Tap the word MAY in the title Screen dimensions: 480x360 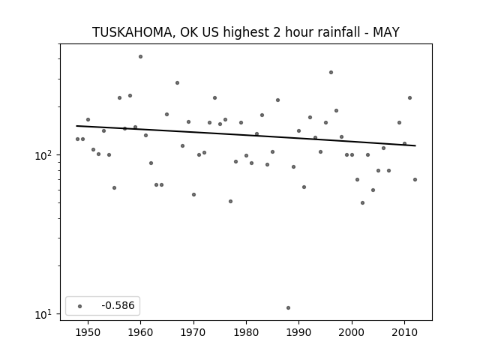coord(385,32)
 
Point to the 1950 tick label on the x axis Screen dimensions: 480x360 coord(88,332)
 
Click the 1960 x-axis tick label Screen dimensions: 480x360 coord(140,332)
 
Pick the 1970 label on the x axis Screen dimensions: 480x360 coord(193,332)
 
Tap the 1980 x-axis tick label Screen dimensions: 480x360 coord(246,332)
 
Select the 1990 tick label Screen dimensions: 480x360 coord(298,332)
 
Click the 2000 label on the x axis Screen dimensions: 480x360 coord(352,332)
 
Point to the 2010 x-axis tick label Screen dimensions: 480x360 coord(404,332)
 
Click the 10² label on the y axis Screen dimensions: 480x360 coord(45,155)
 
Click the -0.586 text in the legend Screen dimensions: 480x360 coord(118,305)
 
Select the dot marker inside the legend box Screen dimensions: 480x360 coord(79,306)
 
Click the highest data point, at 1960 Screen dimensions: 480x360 coord(140,57)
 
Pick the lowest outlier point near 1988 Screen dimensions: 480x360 coord(288,308)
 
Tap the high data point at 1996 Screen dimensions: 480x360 coord(331,73)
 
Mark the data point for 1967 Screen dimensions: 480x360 coord(177,83)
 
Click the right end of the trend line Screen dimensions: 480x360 coord(415,145)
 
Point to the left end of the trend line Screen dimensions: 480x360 coord(76,126)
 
